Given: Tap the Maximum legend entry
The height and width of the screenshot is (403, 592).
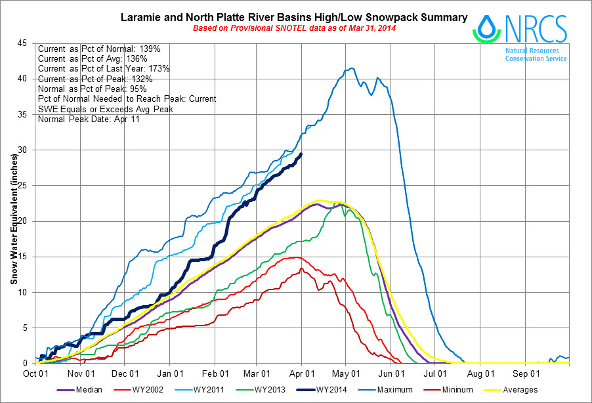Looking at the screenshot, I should (396, 390).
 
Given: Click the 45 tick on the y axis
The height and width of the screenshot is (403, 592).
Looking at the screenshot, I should (23, 43).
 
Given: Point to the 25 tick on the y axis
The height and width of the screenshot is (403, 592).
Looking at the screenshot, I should (23, 186).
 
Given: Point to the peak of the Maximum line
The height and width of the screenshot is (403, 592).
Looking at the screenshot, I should (352, 68).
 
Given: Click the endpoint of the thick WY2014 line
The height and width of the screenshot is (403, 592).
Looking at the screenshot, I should (301, 154).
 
